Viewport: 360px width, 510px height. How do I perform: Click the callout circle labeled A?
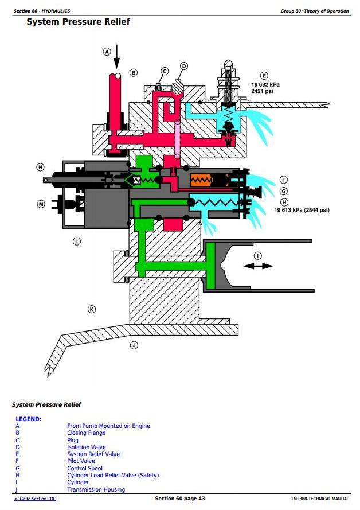[107, 52]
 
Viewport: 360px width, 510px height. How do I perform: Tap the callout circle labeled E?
[264, 75]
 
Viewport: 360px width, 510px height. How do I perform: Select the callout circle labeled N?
[40, 167]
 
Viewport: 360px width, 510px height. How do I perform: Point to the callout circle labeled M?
[41, 204]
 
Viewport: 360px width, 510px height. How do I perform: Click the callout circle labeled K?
[91, 309]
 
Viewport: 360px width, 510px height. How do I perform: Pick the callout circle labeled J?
[134, 345]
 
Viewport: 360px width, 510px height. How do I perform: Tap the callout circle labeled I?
[257, 255]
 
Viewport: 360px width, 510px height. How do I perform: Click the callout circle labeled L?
[76, 242]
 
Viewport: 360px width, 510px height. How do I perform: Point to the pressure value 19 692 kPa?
[265, 84]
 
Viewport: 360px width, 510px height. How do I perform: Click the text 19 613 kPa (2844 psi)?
[302, 210]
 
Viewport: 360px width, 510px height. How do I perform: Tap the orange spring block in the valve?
[202, 181]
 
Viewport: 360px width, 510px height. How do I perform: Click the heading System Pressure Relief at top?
[78, 22]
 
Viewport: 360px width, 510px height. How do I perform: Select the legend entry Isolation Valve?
[87, 447]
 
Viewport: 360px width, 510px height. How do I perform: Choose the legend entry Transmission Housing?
[96, 489]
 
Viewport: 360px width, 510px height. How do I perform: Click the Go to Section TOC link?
[35, 499]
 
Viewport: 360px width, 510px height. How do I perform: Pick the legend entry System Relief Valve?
[93, 454]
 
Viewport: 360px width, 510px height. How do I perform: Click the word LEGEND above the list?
[28, 419]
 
